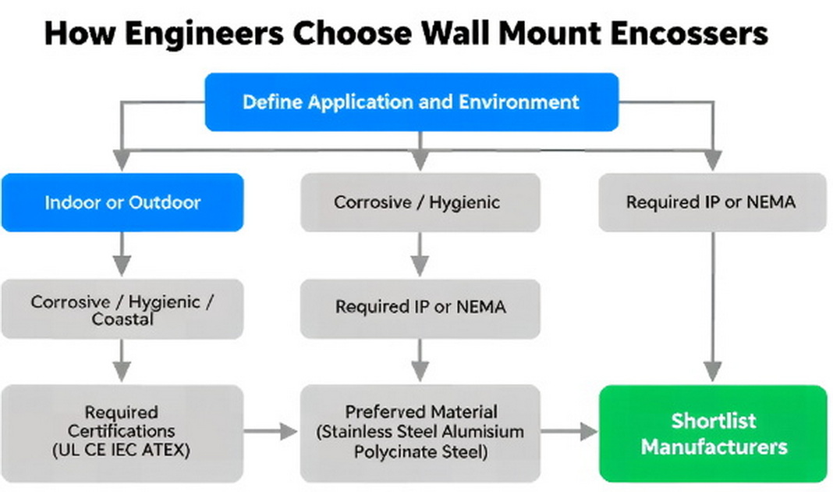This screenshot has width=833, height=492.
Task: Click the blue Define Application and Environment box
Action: pos(411,102)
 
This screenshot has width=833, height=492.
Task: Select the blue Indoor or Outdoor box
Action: pos(122,202)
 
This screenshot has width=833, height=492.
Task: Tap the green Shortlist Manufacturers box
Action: pos(713,433)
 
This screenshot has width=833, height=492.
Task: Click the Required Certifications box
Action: pos(122,432)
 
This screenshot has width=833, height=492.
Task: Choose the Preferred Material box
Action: pos(420,432)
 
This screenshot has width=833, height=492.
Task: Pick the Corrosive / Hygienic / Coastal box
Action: pos(122,309)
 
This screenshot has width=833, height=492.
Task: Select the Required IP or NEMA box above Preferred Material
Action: pos(420,307)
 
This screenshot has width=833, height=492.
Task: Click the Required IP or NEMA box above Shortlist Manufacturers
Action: pos(711,202)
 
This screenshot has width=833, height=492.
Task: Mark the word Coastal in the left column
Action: pos(122,319)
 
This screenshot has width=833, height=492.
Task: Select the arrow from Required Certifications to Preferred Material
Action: pos(271,432)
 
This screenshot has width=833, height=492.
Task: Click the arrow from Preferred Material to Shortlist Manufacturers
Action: pos(569,432)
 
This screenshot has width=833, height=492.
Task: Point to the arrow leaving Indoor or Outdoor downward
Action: pos(121,254)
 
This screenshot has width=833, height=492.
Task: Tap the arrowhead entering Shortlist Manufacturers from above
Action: pos(712,370)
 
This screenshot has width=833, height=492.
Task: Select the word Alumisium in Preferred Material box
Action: pos(486,432)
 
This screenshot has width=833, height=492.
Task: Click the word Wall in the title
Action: pos(448,34)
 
